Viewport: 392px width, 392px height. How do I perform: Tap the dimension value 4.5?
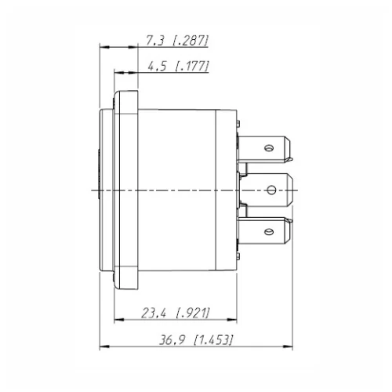(x=156, y=67)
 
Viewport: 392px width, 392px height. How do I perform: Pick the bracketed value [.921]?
(x=191, y=314)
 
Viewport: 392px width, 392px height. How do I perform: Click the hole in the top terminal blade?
(x=269, y=147)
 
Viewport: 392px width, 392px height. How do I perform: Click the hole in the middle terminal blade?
(x=271, y=189)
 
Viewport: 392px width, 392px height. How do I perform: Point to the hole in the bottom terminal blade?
(x=269, y=231)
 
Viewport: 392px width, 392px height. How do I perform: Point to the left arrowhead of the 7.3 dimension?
(x=102, y=47)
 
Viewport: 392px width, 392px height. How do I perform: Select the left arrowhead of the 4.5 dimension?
(x=118, y=74)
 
